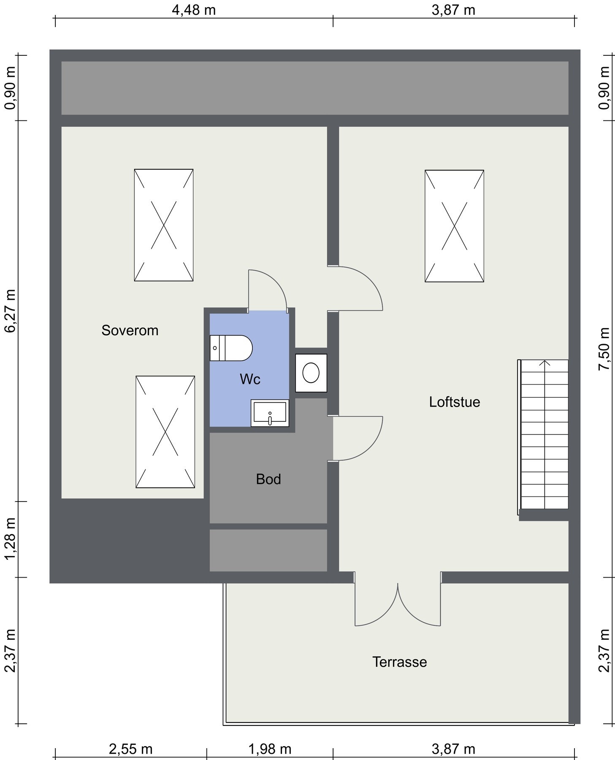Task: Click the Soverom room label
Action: pos(130,330)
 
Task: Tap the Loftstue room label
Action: pos(454,402)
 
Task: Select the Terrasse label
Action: pos(399,662)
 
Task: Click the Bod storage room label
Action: pos(268,479)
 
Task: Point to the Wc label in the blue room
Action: pos(250,379)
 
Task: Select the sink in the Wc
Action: pos(270,413)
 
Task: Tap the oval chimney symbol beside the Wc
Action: pos(311,373)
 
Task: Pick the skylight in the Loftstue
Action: pos(454,226)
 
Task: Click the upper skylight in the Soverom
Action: pos(163,225)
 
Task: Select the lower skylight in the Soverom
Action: pos(165,432)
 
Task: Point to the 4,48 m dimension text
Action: pos(193,10)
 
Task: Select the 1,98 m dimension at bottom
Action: pos(270,749)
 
